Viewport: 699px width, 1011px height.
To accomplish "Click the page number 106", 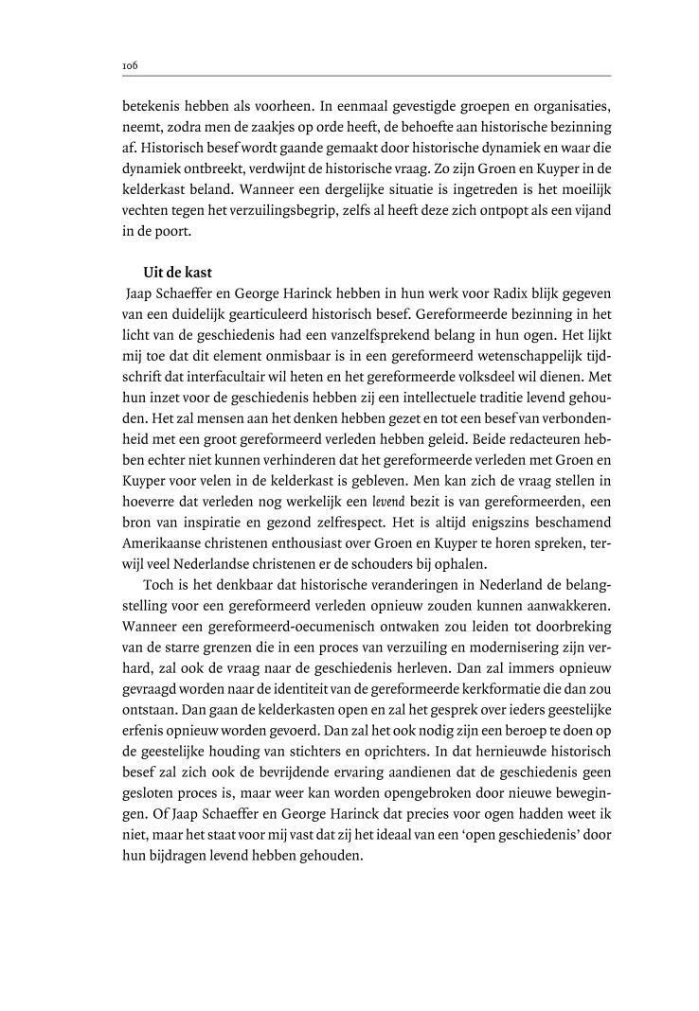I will [130, 66].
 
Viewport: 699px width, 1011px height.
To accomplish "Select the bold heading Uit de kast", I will [176, 274].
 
